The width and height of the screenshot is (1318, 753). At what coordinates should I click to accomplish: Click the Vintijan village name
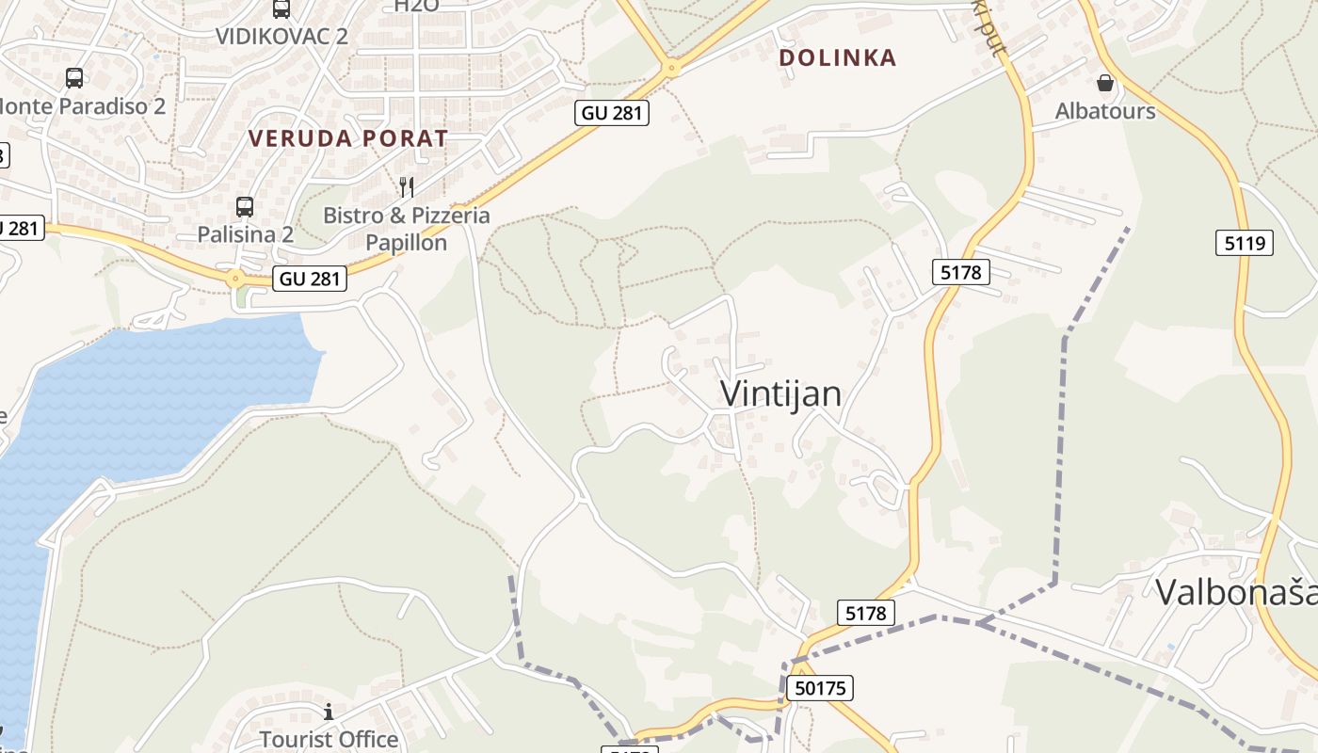tap(780, 393)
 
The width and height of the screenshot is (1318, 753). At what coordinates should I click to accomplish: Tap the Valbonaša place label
tap(1235, 592)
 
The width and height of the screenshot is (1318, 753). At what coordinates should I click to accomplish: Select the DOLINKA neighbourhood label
tap(838, 57)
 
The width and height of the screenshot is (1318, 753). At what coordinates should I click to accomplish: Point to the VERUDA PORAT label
tap(348, 138)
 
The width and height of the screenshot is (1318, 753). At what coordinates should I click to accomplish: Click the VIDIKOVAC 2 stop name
tap(281, 36)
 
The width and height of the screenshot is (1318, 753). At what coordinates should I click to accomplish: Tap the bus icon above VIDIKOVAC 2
tap(281, 8)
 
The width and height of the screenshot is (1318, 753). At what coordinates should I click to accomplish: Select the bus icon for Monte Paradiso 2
tap(74, 78)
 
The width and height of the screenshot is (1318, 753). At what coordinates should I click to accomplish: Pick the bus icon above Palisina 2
tap(245, 206)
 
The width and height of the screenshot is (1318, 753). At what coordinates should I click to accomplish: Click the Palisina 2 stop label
tap(245, 234)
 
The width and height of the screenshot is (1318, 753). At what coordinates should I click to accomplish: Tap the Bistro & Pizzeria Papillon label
tap(407, 229)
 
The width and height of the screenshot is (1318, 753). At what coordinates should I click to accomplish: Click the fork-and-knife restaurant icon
tap(407, 186)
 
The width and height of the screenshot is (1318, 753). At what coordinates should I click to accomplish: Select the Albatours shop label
tap(1105, 110)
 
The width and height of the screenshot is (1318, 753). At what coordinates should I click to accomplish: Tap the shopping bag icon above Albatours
tap(1105, 83)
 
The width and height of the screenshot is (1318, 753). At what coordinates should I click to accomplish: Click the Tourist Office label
tap(329, 739)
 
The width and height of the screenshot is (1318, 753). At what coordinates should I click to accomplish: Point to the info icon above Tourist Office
tap(329, 711)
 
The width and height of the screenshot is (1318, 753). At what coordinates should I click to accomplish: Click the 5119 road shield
tap(1244, 243)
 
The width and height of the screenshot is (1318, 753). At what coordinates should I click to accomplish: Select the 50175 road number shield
tap(819, 688)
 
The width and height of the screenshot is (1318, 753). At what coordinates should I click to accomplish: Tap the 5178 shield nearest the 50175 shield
tap(865, 614)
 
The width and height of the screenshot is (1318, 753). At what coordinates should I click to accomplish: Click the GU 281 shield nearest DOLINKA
tap(612, 113)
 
